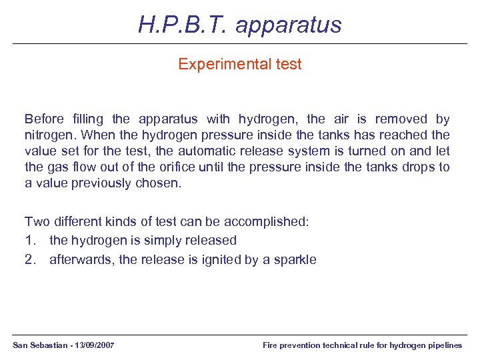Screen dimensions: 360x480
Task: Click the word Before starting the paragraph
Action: (x=44, y=119)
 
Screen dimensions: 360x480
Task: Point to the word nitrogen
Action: (x=47, y=135)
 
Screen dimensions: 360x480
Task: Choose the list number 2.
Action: (x=30, y=260)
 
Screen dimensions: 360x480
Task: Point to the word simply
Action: (x=150, y=240)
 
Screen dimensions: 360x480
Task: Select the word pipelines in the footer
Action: (x=443, y=345)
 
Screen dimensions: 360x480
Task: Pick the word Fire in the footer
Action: (x=271, y=345)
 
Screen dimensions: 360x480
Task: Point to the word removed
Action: (x=401, y=119)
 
